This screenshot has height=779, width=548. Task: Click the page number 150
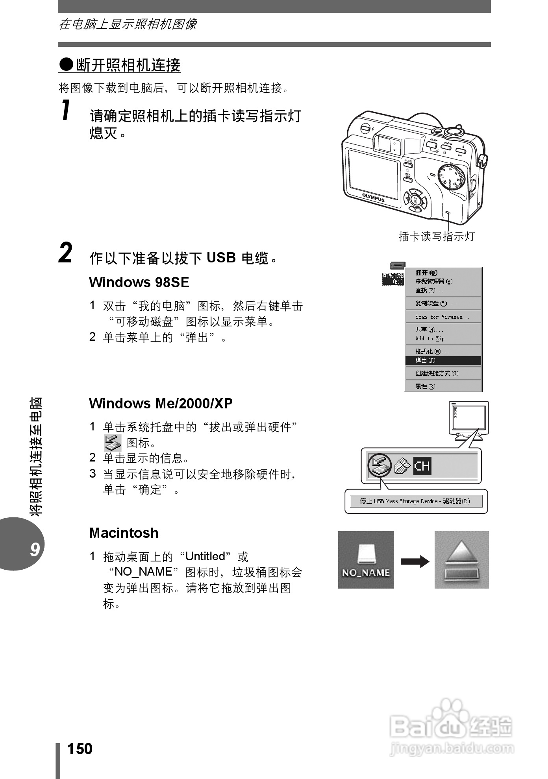click(x=80, y=749)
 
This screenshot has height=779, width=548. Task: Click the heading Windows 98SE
click(x=139, y=282)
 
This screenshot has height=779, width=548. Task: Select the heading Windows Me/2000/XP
click(x=161, y=404)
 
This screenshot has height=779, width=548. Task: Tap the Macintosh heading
click(x=124, y=533)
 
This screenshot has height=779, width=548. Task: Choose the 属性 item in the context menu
click(x=425, y=386)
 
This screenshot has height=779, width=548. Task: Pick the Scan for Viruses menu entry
click(x=442, y=317)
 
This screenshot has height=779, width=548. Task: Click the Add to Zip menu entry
click(x=430, y=339)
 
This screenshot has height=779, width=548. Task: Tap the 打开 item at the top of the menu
click(x=426, y=273)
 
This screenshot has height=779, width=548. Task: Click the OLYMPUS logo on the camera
click(x=373, y=197)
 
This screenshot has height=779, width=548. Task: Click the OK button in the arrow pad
click(x=415, y=200)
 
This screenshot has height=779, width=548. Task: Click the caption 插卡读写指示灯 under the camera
click(x=437, y=236)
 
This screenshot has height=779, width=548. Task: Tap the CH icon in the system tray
click(x=422, y=466)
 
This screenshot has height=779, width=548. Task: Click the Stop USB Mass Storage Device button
click(x=416, y=501)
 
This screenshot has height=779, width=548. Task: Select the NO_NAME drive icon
click(x=366, y=560)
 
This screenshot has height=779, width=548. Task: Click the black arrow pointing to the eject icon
click(x=415, y=561)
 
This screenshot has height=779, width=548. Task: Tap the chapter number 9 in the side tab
click(x=35, y=549)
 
